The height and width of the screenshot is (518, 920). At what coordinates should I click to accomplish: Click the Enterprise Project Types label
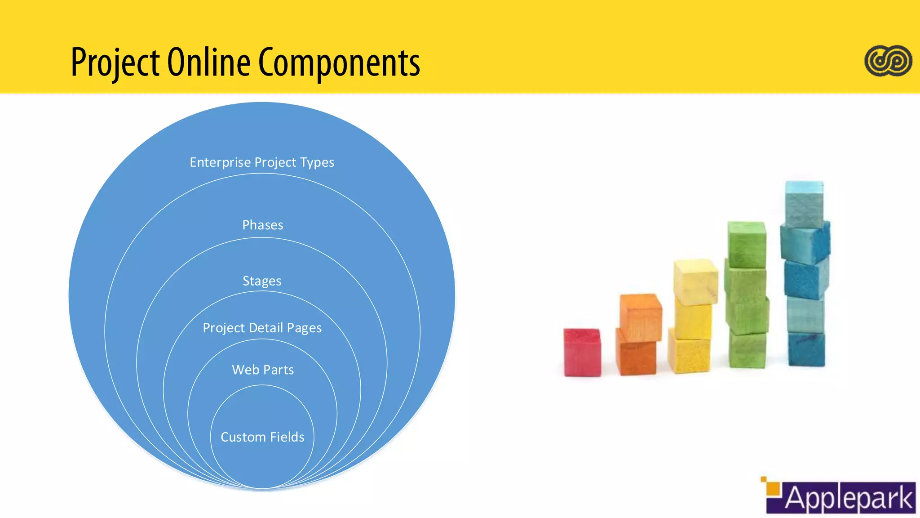[x=262, y=162]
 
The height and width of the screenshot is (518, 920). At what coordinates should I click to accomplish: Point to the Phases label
[x=263, y=225]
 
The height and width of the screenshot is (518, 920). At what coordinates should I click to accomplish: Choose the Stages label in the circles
[x=262, y=281]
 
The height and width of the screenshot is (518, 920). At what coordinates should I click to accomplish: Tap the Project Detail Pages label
[x=262, y=328]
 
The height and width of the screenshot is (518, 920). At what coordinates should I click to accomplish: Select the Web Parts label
[x=263, y=370]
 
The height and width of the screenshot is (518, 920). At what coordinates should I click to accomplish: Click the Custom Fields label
[x=262, y=437]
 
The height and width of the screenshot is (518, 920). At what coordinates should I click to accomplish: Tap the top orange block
[x=641, y=317]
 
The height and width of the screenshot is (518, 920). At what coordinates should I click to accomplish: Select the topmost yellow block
[x=696, y=281]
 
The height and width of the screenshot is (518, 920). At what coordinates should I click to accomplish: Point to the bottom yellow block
[x=689, y=355]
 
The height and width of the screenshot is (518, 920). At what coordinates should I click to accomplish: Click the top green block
[x=747, y=244]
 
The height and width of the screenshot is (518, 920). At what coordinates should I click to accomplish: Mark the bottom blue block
[x=807, y=349]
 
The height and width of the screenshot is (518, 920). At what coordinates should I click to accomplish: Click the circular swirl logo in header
[x=888, y=61]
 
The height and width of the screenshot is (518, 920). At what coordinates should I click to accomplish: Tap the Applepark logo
[x=840, y=496]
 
